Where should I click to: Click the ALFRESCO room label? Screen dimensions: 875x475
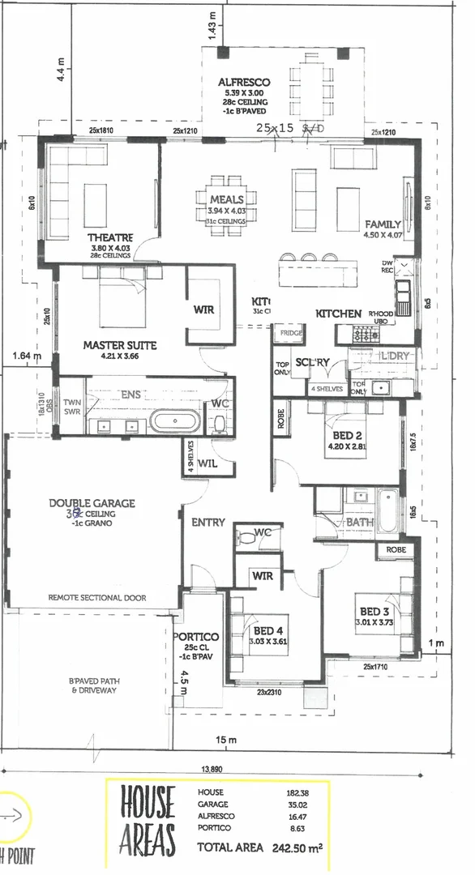coord(243,83)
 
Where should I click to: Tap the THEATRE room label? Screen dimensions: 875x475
coord(110,237)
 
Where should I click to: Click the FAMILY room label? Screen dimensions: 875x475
coord(383,224)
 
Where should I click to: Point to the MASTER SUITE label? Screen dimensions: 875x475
coord(119,345)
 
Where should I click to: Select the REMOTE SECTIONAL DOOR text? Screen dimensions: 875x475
coord(96,598)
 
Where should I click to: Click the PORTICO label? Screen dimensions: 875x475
coord(195,637)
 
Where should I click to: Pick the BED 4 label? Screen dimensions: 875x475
coord(268,631)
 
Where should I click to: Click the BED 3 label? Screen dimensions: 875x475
coord(372,611)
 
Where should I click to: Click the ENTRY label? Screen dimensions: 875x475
coord(208,523)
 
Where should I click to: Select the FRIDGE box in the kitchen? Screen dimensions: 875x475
coord(290,333)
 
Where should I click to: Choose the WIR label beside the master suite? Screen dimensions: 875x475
coord(203,309)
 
